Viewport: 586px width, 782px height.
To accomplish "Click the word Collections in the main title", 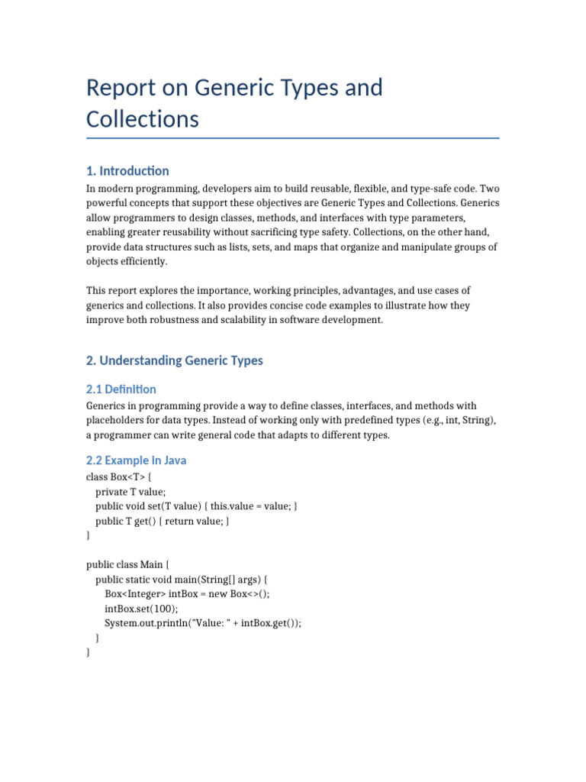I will click(142, 119).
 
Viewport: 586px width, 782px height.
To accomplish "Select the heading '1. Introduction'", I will click(127, 170).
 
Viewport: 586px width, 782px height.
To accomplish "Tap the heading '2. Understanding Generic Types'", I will click(175, 360).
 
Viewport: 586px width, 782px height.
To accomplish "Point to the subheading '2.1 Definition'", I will click(121, 389).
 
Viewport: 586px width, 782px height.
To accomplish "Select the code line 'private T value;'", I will click(130, 492).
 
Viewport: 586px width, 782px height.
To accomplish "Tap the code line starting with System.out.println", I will click(203, 623).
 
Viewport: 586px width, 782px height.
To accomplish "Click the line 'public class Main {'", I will click(128, 564).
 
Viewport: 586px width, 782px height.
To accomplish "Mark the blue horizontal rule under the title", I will click(293, 138).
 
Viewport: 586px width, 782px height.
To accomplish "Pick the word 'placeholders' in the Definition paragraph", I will click(118, 421).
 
